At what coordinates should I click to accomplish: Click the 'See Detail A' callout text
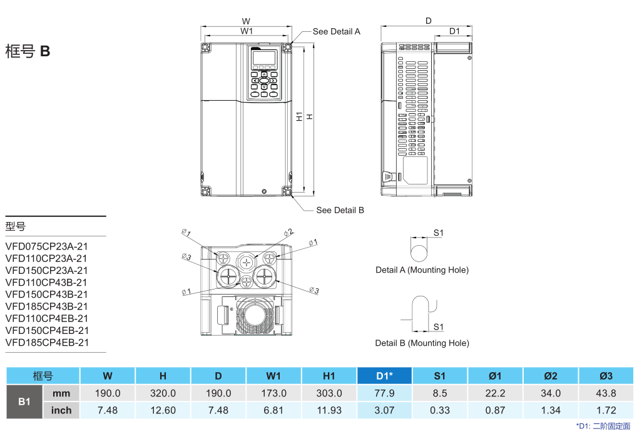[x=336, y=31]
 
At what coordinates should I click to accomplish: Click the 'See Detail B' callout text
[x=340, y=210]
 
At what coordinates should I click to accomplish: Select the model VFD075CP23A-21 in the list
[x=46, y=246]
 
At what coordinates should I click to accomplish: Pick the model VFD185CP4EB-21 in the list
[x=47, y=343]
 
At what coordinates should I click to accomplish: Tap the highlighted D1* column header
[x=384, y=376]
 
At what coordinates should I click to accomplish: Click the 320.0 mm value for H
[x=163, y=393]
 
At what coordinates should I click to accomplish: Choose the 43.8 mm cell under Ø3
[x=606, y=393]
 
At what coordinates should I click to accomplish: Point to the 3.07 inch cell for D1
[x=384, y=411]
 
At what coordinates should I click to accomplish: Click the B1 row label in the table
[x=24, y=401]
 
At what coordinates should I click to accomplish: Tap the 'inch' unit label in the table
[x=61, y=411]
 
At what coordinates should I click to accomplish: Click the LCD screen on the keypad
[x=264, y=59]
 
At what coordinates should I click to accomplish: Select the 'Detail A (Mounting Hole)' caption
[x=422, y=270]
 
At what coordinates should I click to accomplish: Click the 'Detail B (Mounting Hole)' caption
[x=422, y=343]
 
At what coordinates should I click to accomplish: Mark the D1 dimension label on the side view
[x=454, y=31]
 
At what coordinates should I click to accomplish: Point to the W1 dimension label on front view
[x=247, y=31]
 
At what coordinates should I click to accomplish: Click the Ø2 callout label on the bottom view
[x=288, y=233]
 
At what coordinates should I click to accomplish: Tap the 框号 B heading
[x=28, y=51]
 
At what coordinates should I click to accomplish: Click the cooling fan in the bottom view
[x=255, y=316]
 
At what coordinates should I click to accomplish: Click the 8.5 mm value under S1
[x=439, y=393]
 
